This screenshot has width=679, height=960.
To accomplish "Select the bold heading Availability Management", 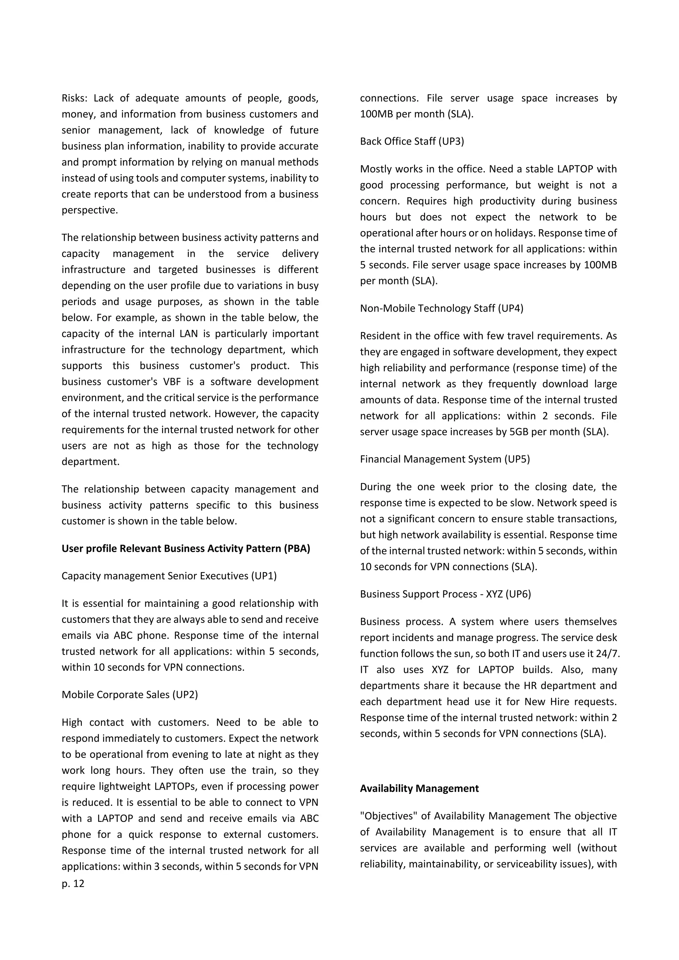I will [x=419, y=788].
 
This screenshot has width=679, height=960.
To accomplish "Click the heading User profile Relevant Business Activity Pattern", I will [x=186, y=548].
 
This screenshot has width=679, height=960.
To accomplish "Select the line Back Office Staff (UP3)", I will [x=412, y=141].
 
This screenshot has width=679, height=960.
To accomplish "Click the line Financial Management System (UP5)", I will [x=445, y=459].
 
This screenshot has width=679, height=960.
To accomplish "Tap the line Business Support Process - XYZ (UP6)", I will [x=445, y=594].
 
